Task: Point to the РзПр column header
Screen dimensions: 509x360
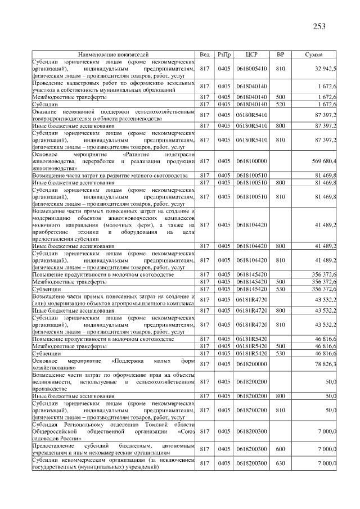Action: point(224,55)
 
